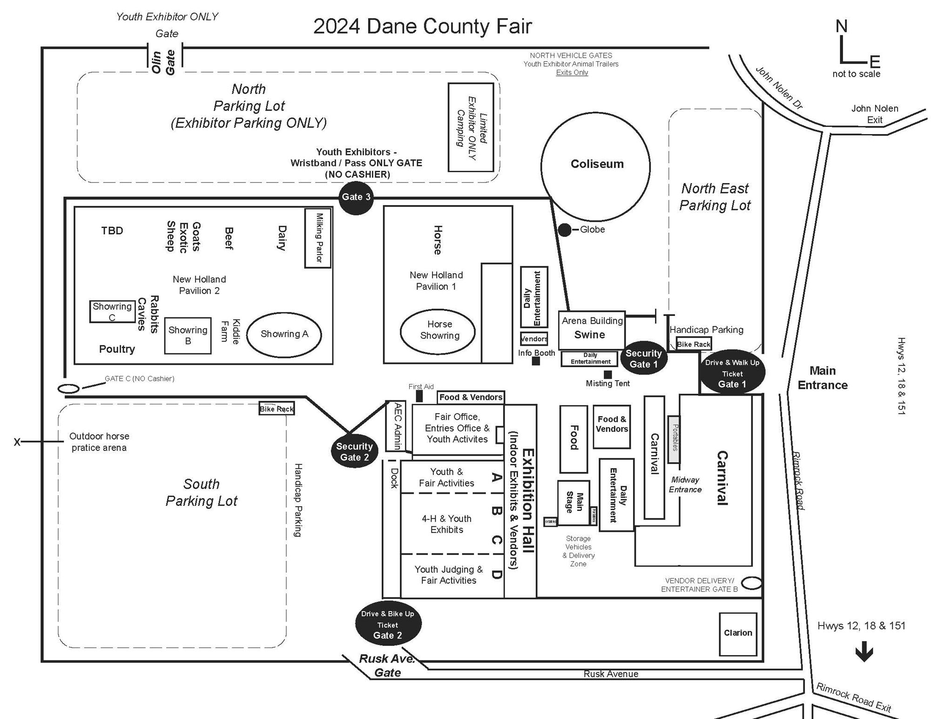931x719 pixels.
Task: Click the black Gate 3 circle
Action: click(x=356, y=197)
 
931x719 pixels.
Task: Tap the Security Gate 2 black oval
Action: click(x=354, y=452)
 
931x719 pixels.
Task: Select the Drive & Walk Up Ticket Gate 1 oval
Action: click(x=732, y=372)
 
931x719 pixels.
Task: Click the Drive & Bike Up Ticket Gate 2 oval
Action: click(x=388, y=625)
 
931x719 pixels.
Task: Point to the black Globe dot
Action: click(x=564, y=230)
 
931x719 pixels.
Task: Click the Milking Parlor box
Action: click(x=318, y=238)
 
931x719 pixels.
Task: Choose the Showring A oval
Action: click(x=284, y=334)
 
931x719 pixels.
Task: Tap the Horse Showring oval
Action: click(x=438, y=330)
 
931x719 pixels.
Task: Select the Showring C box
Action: click(x=112, y=311)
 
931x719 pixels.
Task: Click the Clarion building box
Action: click(x=738, y=633)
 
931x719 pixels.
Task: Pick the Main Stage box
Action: click(x=573, y=503)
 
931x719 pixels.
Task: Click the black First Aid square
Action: click(x=419, y=396)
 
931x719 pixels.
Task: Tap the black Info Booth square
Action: click(x=536, y=361)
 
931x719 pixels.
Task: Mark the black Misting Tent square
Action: click(x=607, y=374)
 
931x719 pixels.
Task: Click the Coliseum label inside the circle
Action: click(x=597, y=164)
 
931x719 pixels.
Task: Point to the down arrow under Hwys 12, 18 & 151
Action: click(x=864, y=651)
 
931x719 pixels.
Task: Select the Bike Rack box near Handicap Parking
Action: click(x=694, y=344)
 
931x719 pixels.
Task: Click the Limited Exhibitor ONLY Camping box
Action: click(x=471, y=127)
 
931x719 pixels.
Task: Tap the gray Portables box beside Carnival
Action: click(x=674, y=439)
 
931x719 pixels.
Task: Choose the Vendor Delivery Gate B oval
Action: click(x=751, y=583)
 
